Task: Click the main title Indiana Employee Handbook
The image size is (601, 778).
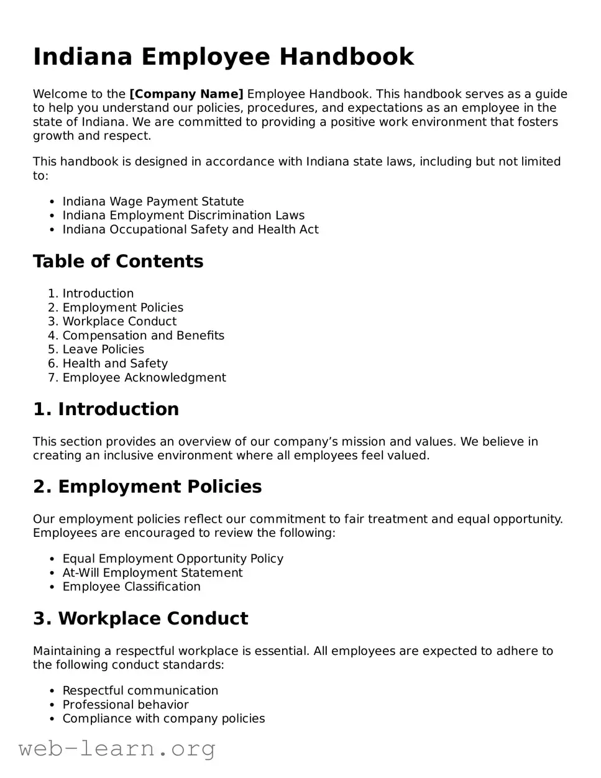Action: coord(223,57)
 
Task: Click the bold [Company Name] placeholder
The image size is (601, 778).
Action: coord(186,94)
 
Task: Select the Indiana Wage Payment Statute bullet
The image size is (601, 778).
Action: coord(153,201)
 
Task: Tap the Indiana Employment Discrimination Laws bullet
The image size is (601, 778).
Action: coord(183,215)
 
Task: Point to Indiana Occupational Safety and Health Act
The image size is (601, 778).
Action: coord(190,229)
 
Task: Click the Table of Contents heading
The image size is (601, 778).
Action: coord(118,261)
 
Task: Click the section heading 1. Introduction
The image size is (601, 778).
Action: coord(106,409)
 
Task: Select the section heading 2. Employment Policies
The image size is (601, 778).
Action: coord(147,487)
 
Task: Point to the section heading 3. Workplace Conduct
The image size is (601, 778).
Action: coord(140,618)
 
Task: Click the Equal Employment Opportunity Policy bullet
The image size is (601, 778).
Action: coord(173,559)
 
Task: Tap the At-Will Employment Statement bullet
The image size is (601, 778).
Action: coord(152,572)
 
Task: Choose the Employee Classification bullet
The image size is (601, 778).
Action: coord(131,587)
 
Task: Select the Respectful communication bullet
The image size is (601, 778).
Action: coord(140,690)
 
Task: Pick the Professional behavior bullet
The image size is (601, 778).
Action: coord(126,704)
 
